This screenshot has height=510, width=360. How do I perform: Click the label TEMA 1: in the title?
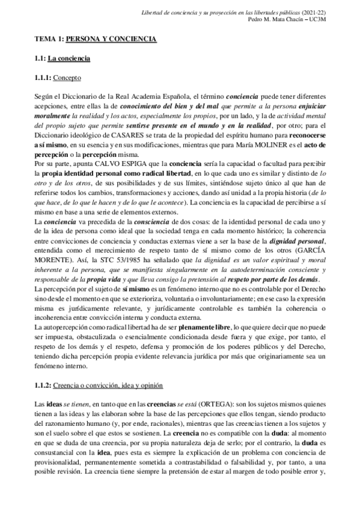[x=47, y=39]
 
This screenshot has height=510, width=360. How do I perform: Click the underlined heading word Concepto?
[x=67, y=78]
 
